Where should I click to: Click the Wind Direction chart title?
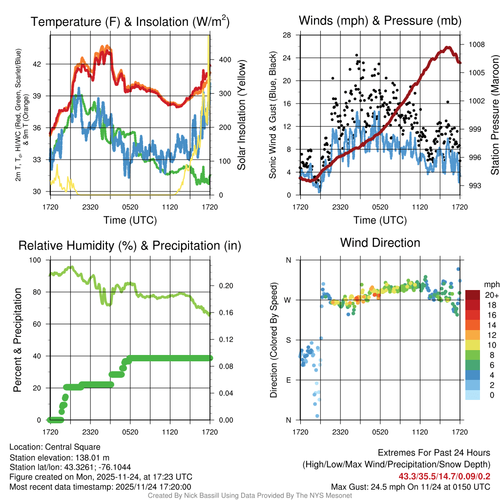[x=380, y=243]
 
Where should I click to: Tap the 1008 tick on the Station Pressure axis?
[x=476, y=44]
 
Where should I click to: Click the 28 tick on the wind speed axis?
[x=287, y=35]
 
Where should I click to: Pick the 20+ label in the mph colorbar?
[x=491, y=295]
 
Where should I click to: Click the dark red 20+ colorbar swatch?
[x=473, y=295]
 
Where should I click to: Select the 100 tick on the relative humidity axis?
[x=37, y=260]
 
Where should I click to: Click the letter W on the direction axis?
[x=289, y=300]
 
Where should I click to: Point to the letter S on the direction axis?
[x=289, y=340]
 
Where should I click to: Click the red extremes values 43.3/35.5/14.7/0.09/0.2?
[x=444, y=476]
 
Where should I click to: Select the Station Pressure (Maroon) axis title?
[x=495, y=115]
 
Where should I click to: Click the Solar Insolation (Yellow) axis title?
[x=241, y=115]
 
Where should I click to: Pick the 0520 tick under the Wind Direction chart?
[x=380, y=432]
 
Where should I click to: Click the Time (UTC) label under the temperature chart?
[x=130, y=220]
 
